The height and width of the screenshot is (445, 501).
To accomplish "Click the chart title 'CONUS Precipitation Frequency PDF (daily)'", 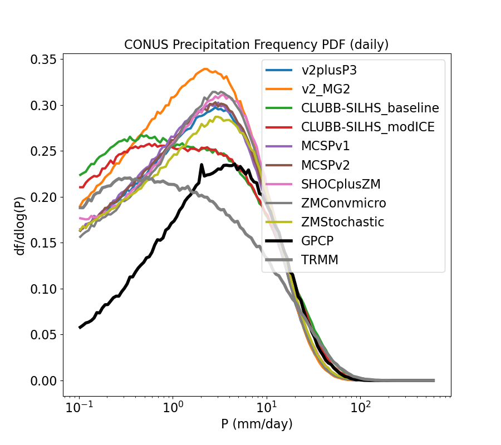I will tap(257, 44).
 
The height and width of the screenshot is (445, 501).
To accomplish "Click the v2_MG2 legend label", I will tap(335, 89).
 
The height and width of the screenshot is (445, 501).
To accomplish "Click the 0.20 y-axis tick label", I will tap(46, 197).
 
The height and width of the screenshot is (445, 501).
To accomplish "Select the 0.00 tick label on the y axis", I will tap(46, 381).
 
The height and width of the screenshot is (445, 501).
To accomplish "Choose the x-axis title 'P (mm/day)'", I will tap(257, 424).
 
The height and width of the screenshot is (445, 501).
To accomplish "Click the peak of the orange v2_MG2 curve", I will tap(205, 69).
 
